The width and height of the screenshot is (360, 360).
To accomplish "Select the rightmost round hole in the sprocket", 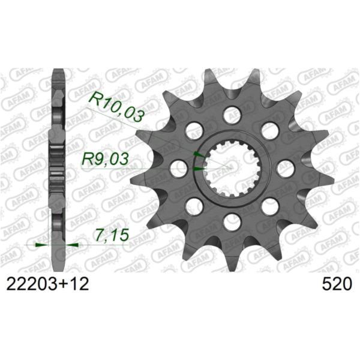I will pos(285,169).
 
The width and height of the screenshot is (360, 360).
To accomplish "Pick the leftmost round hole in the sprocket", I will pos(178,169).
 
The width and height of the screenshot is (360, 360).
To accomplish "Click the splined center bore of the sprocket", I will pos(231,169).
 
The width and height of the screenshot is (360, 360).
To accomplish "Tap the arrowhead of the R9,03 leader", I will pos(198,169).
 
